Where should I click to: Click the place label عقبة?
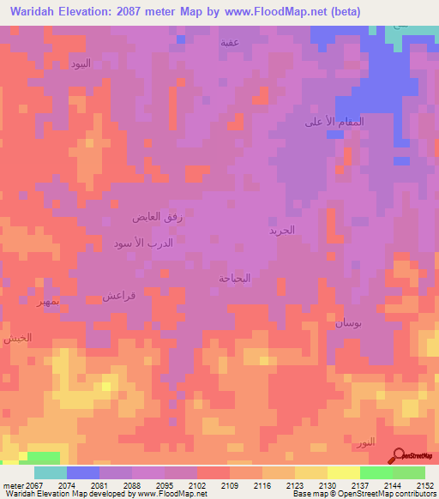click(x=230, y=42)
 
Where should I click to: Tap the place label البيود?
click(x=80, y=64)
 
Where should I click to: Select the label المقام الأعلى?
click(x=334, y=122)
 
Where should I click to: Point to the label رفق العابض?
click(x=158, y=218)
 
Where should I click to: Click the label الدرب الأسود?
click(x=143, y=243)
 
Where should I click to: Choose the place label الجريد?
click(x=281, y=231)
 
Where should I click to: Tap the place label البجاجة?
click(x=234, y=278)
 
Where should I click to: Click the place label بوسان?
click(x=348, y=323)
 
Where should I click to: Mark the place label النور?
click(x=364, y=442)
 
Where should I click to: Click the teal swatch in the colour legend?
click(x=51, y=472)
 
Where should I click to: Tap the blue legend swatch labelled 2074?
click(x=83, y=472)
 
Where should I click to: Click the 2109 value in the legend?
click(x=230, y=485)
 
